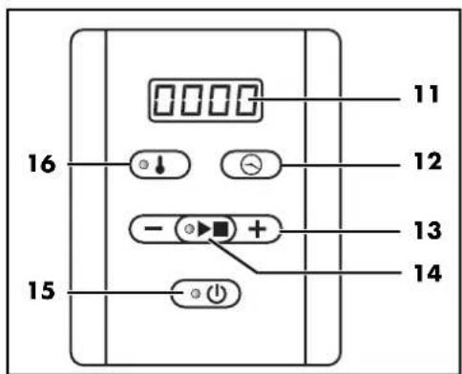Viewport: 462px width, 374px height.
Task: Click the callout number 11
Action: (426, 94)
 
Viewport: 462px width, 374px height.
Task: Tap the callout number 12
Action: (428, 161)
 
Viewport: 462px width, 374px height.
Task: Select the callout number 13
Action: (428, 230)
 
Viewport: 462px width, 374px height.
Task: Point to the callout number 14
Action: (428, 273)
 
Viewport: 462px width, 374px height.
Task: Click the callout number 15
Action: (42, 290)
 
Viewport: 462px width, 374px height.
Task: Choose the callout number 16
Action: (42, 164)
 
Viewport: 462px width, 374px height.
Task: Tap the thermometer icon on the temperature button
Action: (159, 165)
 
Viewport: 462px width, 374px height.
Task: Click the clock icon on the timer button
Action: (251, 165)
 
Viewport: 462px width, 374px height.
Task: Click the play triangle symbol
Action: (204, 229)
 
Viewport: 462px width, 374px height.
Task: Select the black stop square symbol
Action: (220, 229)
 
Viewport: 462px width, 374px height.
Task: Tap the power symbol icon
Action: (217, 294)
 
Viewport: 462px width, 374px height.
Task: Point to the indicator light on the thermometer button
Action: (144, 164)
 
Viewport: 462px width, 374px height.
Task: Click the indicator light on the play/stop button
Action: (189, 229)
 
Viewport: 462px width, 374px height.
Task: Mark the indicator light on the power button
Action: (196, 294)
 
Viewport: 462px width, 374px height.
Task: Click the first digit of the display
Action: (164, 100)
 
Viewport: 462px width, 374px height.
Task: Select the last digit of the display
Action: (247, 100)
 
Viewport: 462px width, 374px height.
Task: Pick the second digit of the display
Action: (192, 100)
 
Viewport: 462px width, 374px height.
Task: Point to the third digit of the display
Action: (220, 100)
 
